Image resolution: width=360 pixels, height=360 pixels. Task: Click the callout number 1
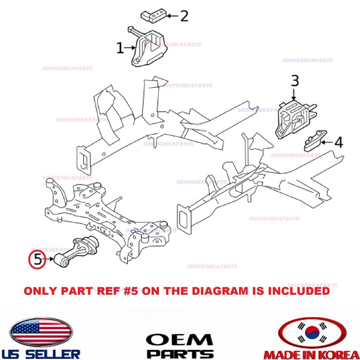[120, 48]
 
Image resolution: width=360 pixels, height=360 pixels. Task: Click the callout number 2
[184, 16]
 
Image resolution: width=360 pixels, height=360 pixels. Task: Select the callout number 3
[295, 80]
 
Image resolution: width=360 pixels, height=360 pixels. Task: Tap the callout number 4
[338, 143]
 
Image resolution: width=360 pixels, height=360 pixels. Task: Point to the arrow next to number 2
[172, 16]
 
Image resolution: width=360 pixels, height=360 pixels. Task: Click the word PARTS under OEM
[179, 353]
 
